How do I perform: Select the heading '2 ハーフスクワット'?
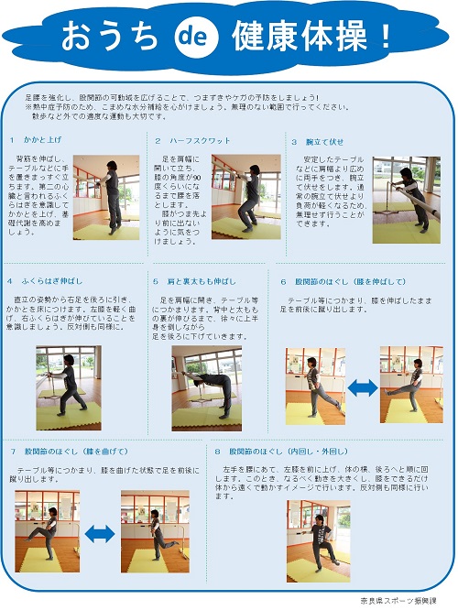pos(191,140)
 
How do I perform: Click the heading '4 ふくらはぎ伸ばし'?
pos(48,281)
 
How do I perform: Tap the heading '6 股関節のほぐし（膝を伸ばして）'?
pos(343,281)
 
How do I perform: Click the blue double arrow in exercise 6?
pos(364,387)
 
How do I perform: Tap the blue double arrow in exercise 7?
pos(100,532)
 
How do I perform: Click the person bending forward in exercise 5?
pos(207,385)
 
